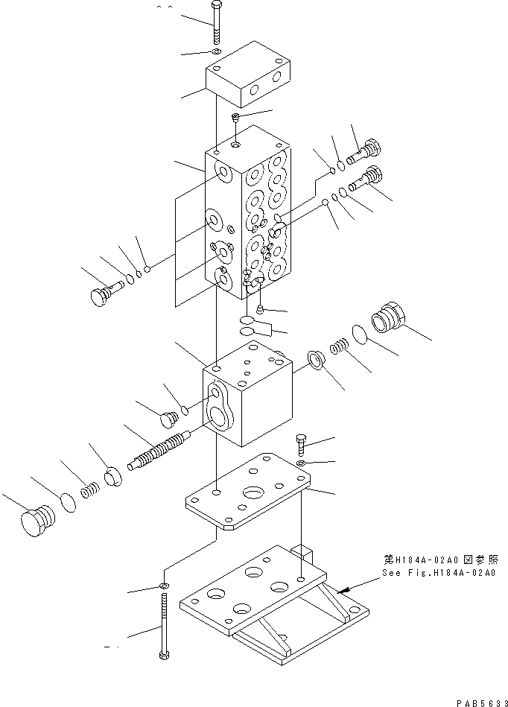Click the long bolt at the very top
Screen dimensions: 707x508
click(x=215, y=25)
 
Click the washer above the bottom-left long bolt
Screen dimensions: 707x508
click(x=162, y=586)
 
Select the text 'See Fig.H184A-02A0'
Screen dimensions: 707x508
click(x=438, y=573)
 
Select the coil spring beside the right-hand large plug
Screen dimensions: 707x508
click(x=340, y=348)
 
